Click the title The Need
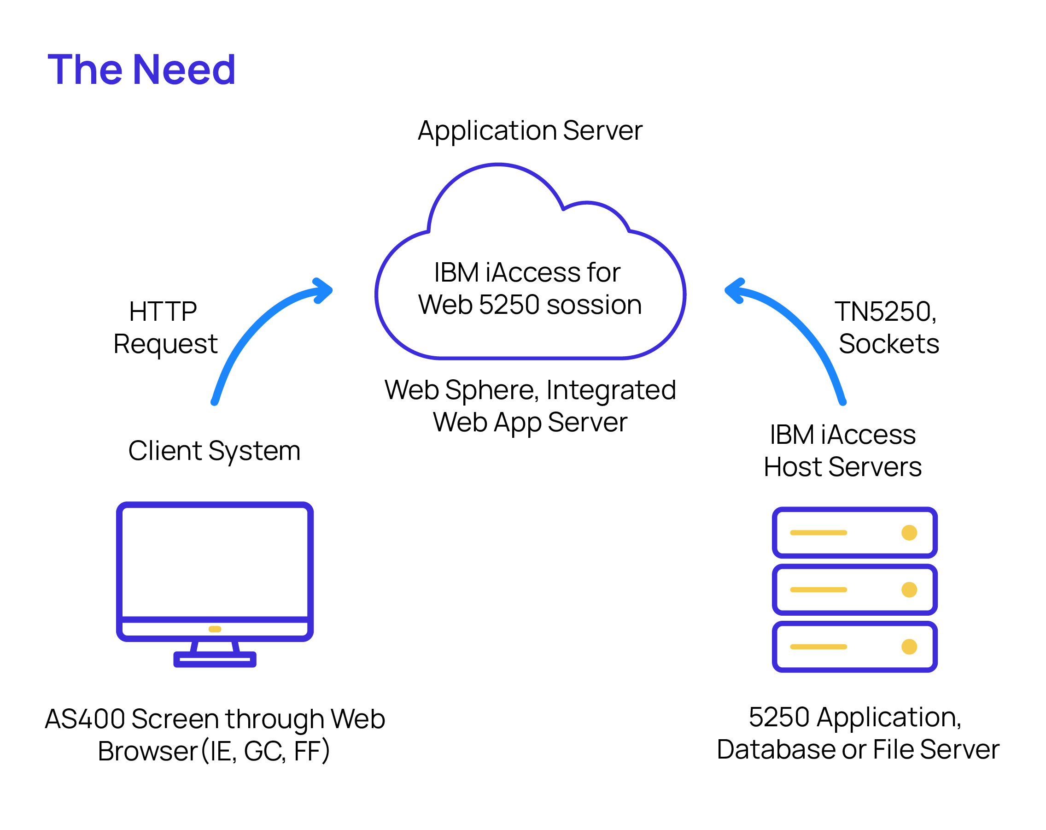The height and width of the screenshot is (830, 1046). pyautogui.click(x=141, y=70)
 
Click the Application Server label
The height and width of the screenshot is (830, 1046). pyautogui.click(x=530, y=130)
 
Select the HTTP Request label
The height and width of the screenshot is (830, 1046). pyautogui.click(x=165, y=328)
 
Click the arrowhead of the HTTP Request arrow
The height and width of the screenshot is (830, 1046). pyautogui.click(x=324, y=290)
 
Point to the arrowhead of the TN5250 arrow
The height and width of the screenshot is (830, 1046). pyautogui.click(x=734, y=290)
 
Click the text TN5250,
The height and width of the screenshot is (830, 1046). pyautogui.click(x=885, y=312)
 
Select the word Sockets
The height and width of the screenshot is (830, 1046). pyautogui.click(x=889, y=344)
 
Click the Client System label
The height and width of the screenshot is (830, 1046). pyautogui.click(x=215, y=451)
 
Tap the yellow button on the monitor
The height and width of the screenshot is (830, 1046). pyautogui.click(x=215, y=629)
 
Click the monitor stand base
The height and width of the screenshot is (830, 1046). pyautogui.click(x=215, y=659)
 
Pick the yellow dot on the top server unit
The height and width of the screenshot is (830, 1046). pyautogui.click(x=909, y=532)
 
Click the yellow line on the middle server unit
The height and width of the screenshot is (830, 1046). pyautogui.click(x=818, y=590)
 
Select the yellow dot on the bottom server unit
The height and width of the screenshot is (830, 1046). pyautogui.click(x=909, y=647)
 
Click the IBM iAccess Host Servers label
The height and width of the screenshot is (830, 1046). pyautogui.click(x=842, y=451)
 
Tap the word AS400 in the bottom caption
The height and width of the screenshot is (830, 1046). pyautogui.click(x=84, y=719)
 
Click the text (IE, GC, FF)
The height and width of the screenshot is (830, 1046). pyautogui.click(x=265, y=751)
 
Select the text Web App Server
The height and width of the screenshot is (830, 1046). pyautogui.click(x=530, y=422)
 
